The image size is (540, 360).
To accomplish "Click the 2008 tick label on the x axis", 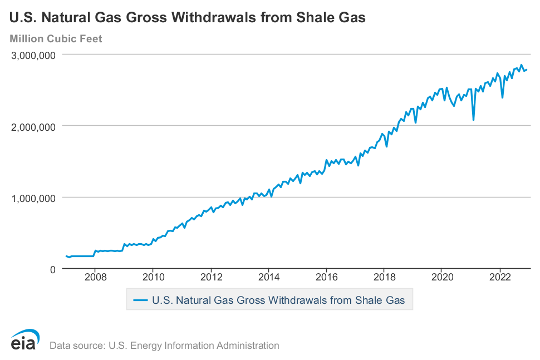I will point(95,277).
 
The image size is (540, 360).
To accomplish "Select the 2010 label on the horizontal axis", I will point(153,277).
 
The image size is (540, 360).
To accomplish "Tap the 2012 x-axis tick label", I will point(211,277).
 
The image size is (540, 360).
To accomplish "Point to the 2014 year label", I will point(269,277).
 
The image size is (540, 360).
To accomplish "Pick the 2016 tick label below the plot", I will point(327,277).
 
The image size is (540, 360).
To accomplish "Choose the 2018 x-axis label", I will point(384,277).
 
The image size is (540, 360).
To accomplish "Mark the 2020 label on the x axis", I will point(442,277).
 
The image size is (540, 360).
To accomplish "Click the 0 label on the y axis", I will point(53,269).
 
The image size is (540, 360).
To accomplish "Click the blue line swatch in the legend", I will point(140,300).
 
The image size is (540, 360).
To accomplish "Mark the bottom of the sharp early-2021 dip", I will point(473,120).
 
